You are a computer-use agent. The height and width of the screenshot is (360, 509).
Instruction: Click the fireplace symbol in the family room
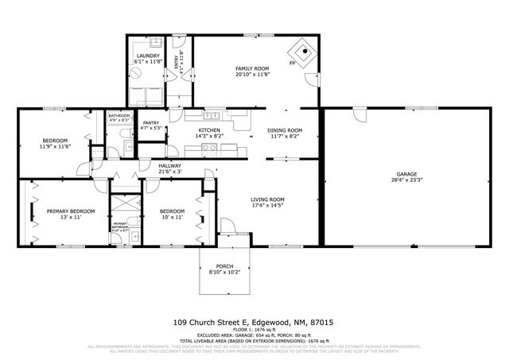click(x=304, y=48)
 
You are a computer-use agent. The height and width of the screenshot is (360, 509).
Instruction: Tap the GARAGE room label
click(x=406, y=174)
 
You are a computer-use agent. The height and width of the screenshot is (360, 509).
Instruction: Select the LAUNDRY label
click(x=148, y=56)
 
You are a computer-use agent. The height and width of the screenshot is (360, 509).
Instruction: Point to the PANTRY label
click(x=151, y=122)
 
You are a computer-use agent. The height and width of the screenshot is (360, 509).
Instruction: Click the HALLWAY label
click(x=170, y=165)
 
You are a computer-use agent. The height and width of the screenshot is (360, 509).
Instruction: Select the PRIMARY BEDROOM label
click(x=70, y=211)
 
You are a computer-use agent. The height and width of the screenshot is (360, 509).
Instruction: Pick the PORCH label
click(x=225, y=266)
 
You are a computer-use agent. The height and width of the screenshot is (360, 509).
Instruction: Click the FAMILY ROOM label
click(x=253, y=69)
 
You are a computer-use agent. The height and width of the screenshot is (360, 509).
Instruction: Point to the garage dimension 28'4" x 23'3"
click(x=406, y=180)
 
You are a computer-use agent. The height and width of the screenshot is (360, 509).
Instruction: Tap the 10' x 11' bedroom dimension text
click(x=172, y=217)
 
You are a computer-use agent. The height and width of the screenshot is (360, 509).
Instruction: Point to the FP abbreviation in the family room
click(x=293, y=63)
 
